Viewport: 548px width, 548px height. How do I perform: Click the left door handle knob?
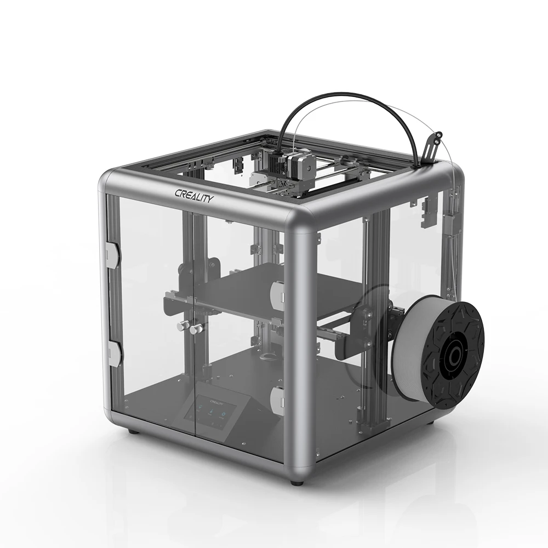click(x=180, y=326)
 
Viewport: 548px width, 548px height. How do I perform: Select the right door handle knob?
click(x=195, y=328)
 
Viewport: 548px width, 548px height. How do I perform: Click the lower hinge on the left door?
click(x=112, y=353)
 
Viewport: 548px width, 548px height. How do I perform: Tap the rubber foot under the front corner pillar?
click(x=296, y=482)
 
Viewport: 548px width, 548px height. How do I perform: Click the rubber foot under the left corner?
click(x=132, y=432)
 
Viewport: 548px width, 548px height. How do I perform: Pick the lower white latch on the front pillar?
click(x=278, y=399)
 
